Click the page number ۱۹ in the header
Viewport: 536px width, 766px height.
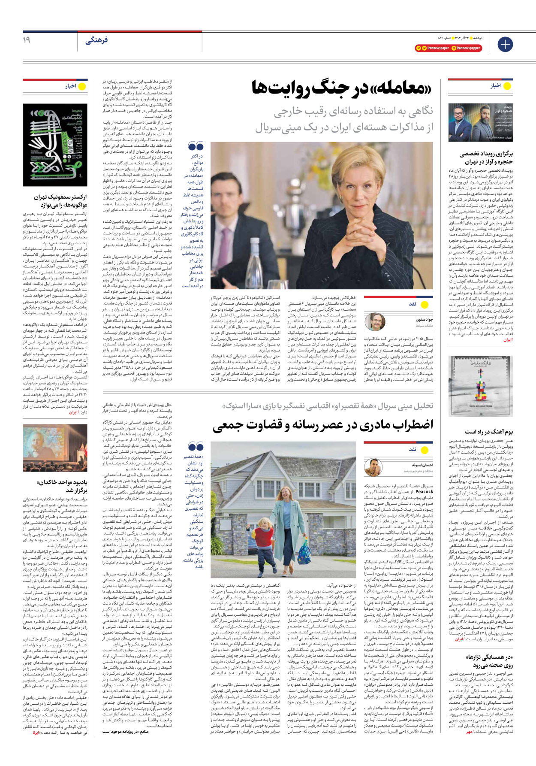pos(26,40)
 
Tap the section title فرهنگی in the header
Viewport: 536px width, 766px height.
pos(96,40)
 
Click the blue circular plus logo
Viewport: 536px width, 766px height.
pos(505,44)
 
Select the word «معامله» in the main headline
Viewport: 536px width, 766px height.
pos(396,88)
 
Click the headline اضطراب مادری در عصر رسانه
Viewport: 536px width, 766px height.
pos(323,425)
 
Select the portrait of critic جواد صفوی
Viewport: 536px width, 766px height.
pos(375,322)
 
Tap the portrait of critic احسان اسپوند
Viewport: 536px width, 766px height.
pos(373,467)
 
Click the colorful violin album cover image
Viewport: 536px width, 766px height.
pos(480,386)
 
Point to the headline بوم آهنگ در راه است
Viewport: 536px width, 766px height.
pos(489,432)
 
